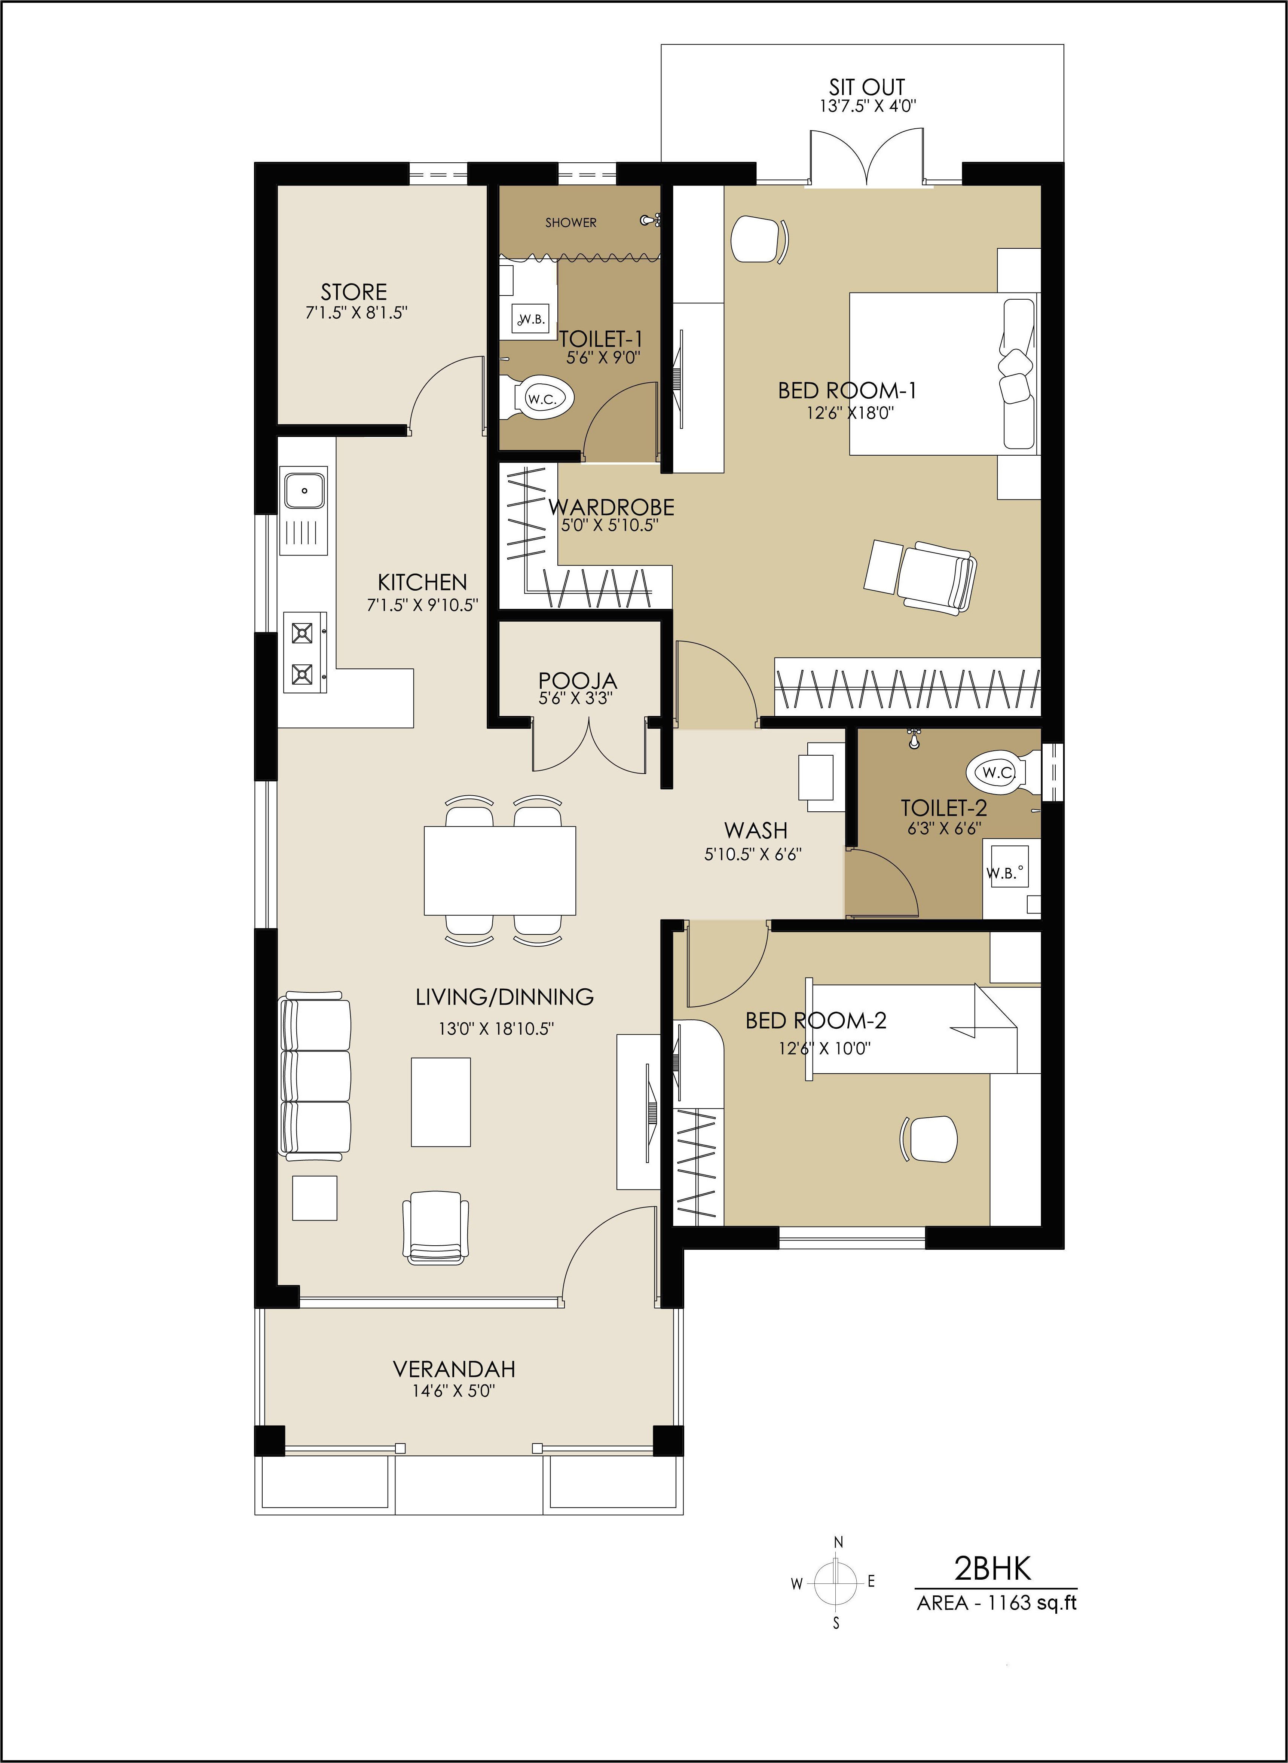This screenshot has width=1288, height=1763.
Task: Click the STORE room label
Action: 354,292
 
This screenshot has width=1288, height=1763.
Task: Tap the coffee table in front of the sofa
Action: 441,1101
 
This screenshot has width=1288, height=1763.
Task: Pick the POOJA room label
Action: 578,680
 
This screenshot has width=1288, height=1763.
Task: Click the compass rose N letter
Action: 839,1542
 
